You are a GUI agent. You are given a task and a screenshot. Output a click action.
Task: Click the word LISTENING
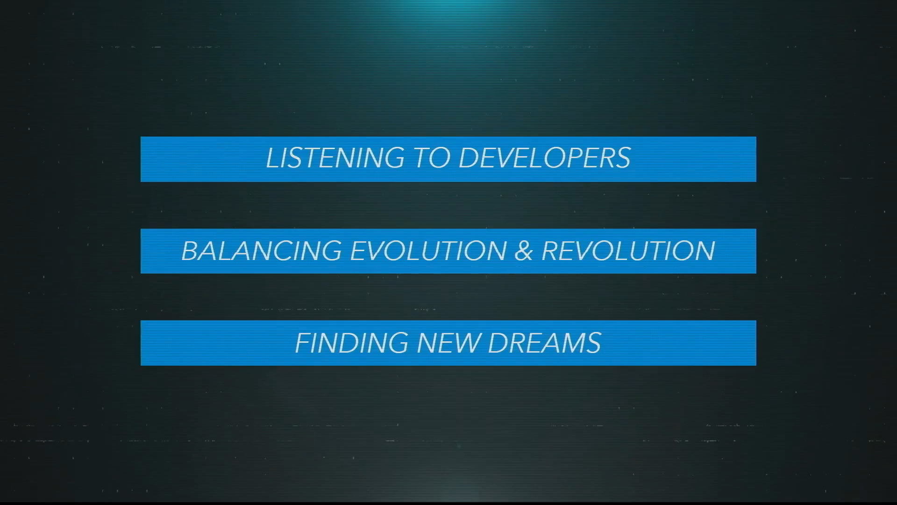pos(335,158)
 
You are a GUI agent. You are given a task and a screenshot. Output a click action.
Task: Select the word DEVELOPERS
pos(545,158)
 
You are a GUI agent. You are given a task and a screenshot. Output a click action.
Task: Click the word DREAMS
pos(545,343)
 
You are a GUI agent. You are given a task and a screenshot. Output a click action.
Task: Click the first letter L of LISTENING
pos(272,158)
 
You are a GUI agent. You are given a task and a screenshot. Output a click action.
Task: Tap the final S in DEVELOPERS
pos(622,158)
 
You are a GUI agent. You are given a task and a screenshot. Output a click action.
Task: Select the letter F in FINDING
pos(303,343)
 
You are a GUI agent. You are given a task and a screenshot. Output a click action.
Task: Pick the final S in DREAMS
pos(592,343)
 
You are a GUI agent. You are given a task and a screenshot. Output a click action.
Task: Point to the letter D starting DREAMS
pos(498,343)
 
